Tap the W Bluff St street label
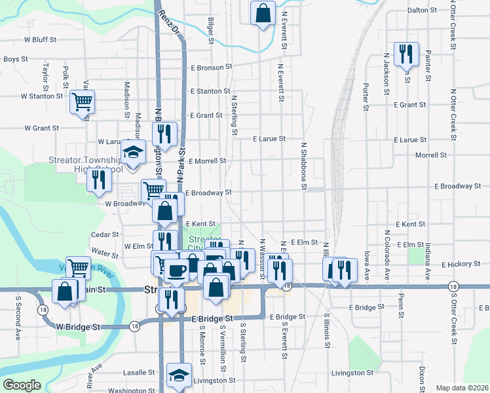[x=40, y=39]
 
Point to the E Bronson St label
[x=212, y=67]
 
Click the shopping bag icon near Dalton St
[x=263, y=13]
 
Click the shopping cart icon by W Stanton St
[x=83, y=102]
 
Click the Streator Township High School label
[x=85, y=164]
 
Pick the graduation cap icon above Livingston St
[x=179, y=375]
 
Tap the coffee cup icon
[x=176, y=271]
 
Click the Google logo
[x=22, y=384]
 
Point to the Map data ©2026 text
[x=461, y=388]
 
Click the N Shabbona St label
[x=304, y=167]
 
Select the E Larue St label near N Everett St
[x=269, y=139]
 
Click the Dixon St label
[x=423, y=376]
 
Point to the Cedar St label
[x=105, y=234]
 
